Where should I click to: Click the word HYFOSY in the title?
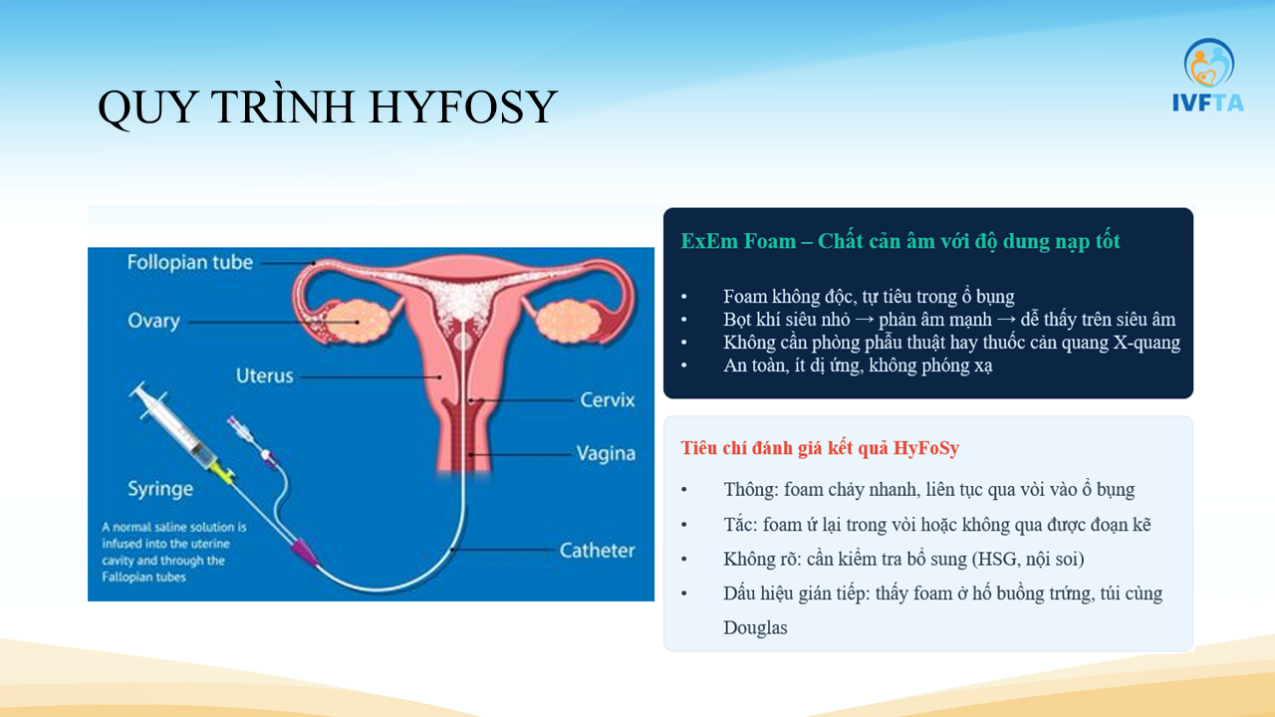463,107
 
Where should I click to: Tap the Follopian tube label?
189,262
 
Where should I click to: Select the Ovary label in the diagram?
153,321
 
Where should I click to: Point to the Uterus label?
264,375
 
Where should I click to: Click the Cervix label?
608,400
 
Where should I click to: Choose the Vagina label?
606,453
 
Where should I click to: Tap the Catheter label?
597,551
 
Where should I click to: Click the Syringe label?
160,489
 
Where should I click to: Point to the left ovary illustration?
357,322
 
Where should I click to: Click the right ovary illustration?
568,322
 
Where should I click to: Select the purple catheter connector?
304,552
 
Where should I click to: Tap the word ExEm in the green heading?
709,241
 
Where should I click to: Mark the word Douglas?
755,627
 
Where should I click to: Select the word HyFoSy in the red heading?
926,448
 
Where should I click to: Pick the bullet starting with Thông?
929,489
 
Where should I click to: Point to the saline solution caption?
174,552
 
